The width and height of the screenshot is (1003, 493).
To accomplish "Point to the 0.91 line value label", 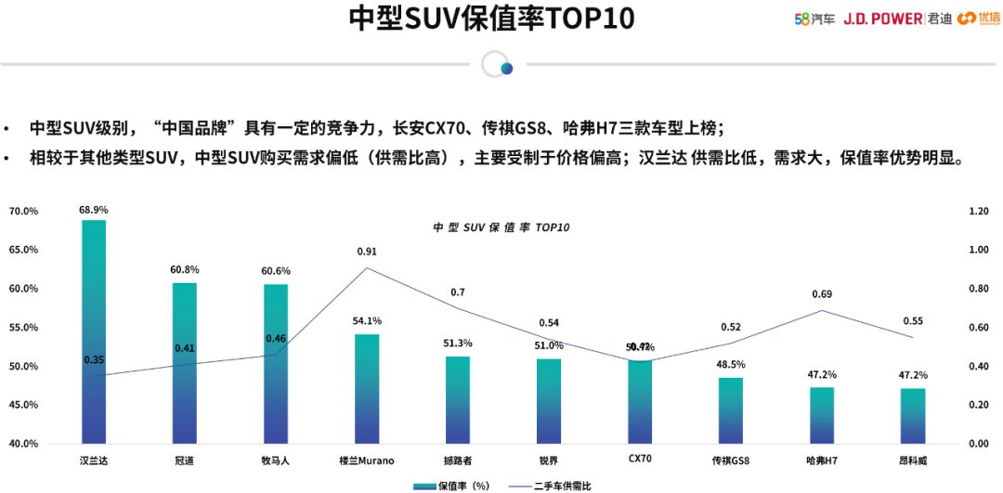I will [367, 252].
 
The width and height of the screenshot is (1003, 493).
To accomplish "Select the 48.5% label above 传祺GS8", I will [731, 365].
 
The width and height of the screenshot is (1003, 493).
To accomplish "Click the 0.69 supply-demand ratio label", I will [822, 294].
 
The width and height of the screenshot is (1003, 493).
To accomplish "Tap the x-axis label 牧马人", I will [276, 460].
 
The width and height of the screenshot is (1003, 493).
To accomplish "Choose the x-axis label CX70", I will [640, 459].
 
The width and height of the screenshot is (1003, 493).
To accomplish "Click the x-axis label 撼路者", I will [458, 460].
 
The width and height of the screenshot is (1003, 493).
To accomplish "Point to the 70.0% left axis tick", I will [23, 212].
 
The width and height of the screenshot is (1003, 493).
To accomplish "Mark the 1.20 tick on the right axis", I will [978, 212].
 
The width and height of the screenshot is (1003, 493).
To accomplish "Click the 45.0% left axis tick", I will [23, 405].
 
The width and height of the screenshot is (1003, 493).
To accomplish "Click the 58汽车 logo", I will [814, 19].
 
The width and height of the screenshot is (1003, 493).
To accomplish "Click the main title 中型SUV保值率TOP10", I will [492, 19].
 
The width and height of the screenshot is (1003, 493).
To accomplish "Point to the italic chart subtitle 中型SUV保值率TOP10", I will [501, 227].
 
